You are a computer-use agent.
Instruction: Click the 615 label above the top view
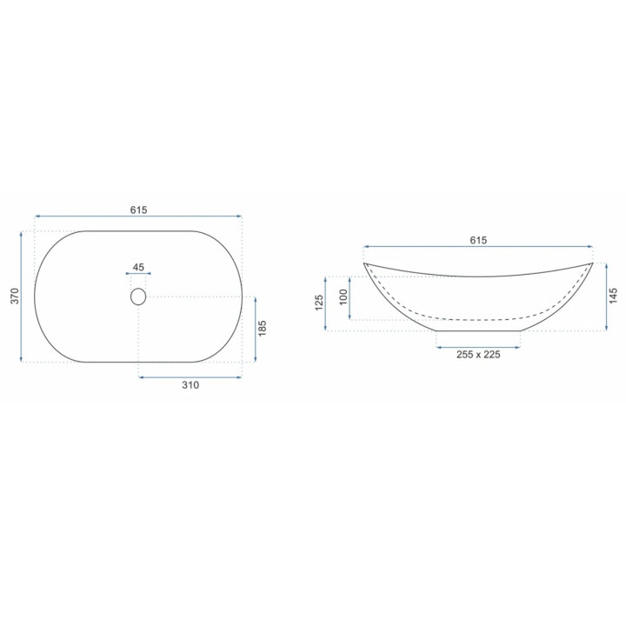(x=138, y=210)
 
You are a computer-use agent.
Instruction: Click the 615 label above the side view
(x=478, y=240)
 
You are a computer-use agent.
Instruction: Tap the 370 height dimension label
(x=15, y=296)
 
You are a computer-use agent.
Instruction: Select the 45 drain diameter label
(x=138, y=267)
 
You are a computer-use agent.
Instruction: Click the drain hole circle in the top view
(x=138, y=296)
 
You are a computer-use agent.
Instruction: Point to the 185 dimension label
(x=262, y=328)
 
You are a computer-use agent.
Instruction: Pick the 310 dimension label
(x=190, y=385)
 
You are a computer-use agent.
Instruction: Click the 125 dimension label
(x=318, y=303)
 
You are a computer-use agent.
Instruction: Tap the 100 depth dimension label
(x=343, y=297)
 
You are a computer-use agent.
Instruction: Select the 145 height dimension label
(x=614, y=296)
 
